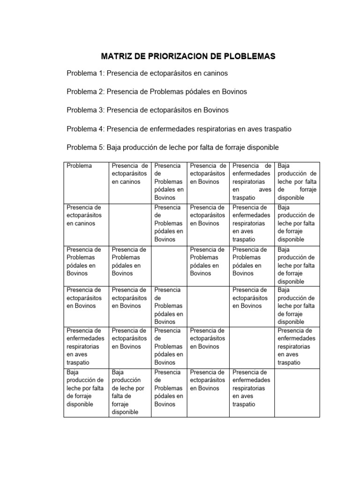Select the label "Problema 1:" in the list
85,74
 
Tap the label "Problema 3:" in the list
85,110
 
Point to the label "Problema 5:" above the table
85,147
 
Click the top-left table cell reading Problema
79,166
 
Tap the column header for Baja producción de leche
297,181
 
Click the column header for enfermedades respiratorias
252,181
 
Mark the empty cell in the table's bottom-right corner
297,392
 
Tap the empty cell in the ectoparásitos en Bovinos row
208,306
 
